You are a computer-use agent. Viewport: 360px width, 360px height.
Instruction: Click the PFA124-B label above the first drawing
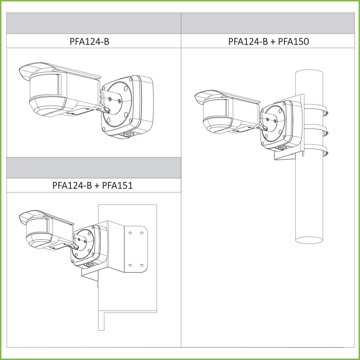pos(89,41)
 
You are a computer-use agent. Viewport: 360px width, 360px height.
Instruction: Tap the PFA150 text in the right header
pos(294,41)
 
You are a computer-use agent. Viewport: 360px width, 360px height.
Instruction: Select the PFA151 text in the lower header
pos(117,185)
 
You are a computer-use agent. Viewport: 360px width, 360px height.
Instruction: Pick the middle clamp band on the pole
pos(316,130)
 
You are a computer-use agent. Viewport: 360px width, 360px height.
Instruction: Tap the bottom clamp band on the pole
pos(316,149)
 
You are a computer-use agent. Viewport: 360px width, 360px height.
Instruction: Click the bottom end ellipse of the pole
pos(309,240)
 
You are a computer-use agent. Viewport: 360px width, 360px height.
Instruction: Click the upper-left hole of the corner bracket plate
pos(130,233)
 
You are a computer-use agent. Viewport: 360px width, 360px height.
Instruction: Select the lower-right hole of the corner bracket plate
pos(142,265)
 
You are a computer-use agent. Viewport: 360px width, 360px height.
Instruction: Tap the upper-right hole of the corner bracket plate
pos(142,233)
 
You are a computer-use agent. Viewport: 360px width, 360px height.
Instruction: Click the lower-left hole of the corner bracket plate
pos(130,265)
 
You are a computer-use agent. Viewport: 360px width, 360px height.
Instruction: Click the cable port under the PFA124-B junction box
pos(127,135)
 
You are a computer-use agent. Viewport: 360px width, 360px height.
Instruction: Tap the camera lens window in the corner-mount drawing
pos(38,227)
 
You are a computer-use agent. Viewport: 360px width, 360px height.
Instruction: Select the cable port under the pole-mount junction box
pos(283,148)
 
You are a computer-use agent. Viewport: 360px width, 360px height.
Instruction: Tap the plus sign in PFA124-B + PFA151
pos(97,186)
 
